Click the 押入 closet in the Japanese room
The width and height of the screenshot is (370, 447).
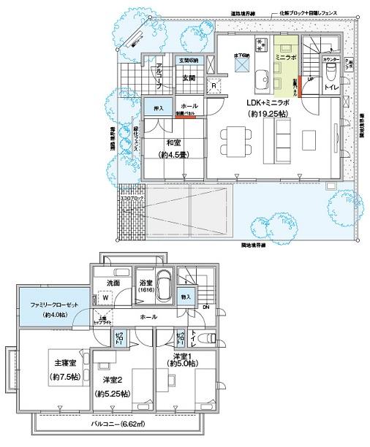(x=157, y=109)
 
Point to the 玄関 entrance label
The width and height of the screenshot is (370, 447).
(x=189, y=78)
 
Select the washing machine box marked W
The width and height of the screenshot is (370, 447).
(x=107, y=297)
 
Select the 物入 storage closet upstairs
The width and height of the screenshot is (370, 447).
(x=185, y=297)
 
